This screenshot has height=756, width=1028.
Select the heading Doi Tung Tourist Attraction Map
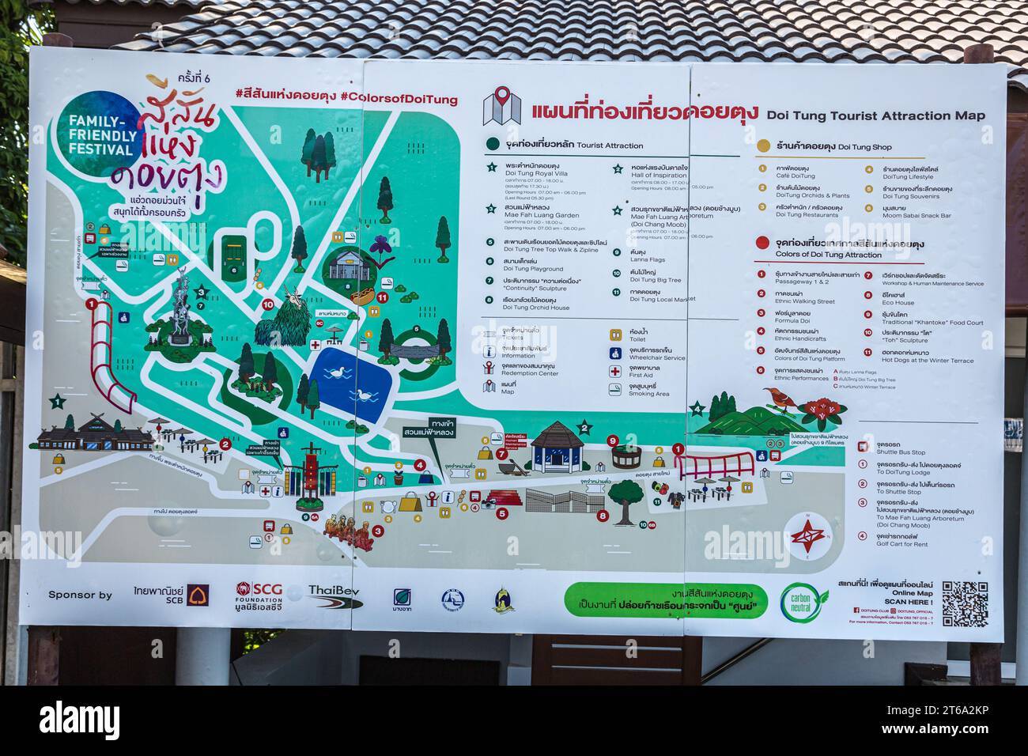tap(875, 115)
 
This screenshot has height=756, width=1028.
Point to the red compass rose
tap(807, 535)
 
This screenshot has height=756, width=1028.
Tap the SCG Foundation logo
tap(259, 597)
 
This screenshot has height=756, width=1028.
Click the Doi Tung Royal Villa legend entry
tap(536, 173)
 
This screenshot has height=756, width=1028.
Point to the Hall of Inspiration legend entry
tap(659, 174)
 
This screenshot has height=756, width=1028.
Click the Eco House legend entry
tap(898, 302)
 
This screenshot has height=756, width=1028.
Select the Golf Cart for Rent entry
tap(901, 543)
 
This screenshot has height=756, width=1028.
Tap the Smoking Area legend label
tap(649, 393)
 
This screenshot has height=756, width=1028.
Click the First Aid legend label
tap(644, 375)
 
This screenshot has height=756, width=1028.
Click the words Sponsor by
tap(81, 595)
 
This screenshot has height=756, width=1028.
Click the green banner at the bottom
tap(666, 600)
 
